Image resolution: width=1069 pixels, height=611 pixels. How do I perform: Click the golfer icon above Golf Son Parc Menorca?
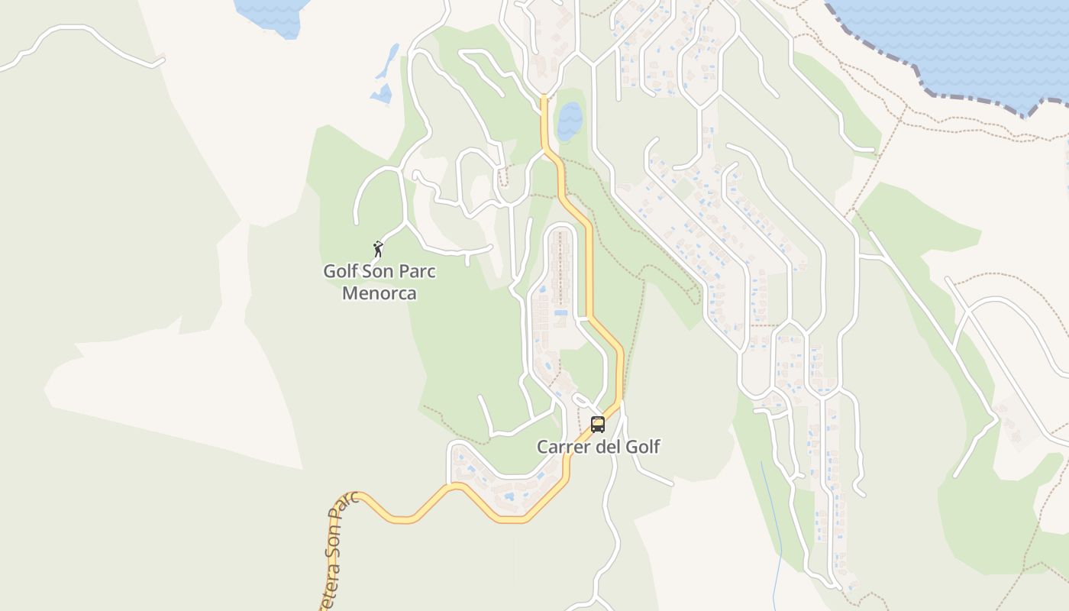pyautogui.click(x=378, y=249)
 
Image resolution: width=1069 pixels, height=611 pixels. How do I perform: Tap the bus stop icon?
pyautogui.click(x=598, y=425)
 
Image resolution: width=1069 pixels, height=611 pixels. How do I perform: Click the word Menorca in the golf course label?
pyautogui.click(x=379, y=293)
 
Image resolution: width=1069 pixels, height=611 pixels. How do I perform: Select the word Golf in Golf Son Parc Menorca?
pyautogui.click(x=341, y=271)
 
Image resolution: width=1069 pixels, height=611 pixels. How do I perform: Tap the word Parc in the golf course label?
pyautogui.click(x=418, y=271)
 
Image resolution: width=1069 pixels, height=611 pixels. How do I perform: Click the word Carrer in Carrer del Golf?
pyautogui.click(x=563, y=447)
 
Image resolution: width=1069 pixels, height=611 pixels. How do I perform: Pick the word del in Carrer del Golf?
pyautogui.click(x=606, y=447)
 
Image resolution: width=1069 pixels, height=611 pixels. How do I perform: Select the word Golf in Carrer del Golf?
pyautogui.click(x=641, y=447)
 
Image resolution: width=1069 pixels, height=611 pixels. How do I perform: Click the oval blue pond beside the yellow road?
pyautogui.click(x=570, y=121)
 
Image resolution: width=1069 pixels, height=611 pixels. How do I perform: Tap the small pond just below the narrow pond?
pyautogui.click(x=381, y=94)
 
